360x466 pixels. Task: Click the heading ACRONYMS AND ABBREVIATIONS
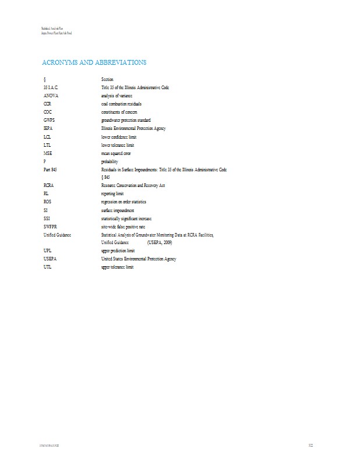(94, 62)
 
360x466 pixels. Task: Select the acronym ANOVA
(51, 96)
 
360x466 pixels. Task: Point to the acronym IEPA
(48, 128)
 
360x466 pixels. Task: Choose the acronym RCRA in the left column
(49, 184)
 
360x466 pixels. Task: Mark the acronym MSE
(48, 153)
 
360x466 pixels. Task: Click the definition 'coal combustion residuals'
(121, 104)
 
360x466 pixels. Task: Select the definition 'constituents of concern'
(119, 112)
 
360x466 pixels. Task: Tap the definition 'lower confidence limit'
(119, 136)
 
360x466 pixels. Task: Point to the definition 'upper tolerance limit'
(118, 267)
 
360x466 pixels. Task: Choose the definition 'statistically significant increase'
(126, 218)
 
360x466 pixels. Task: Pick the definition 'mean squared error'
(116, 153)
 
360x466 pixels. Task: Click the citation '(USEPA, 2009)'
(160, 242)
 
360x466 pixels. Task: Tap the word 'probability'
(110, 161)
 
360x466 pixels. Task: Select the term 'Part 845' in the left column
(50, 170)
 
